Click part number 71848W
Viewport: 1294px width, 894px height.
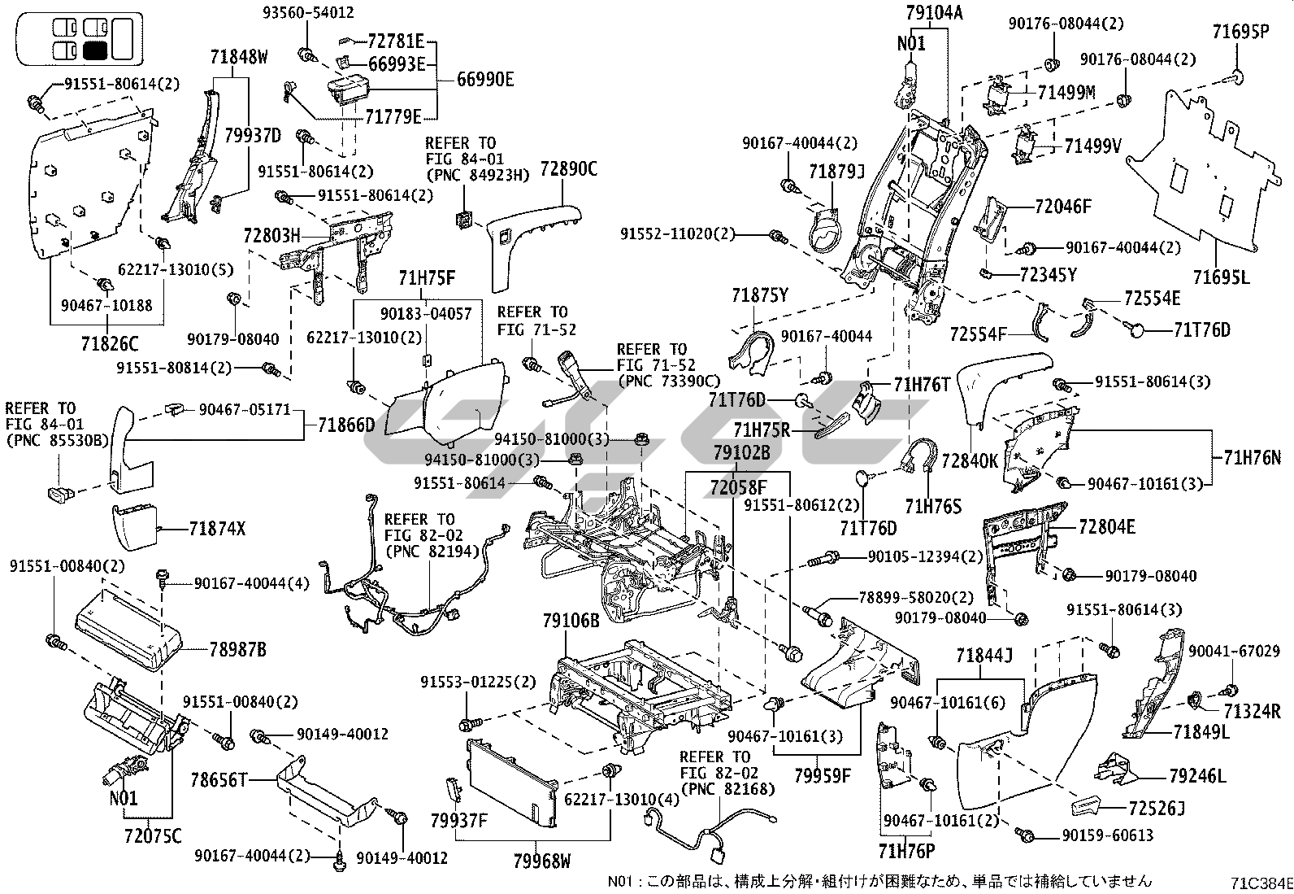pyautogui.click(x=239, y=57)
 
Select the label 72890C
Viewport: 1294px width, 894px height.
pyautogui.click(x=568, y=169)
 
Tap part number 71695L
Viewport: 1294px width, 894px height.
pyautogui.click(x=1221, y=277)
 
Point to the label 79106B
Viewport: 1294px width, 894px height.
pyautogui.click(x=571, y=621)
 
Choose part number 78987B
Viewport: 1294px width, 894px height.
pyautogui.click(x=237, y=650)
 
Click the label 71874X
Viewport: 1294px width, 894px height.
pyautogui.click(x=216, y=529)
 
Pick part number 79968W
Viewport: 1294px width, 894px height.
pyautogui.click(x=542, y=860)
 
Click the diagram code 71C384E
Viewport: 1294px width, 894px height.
pyautogui.click(x=1261, y=882)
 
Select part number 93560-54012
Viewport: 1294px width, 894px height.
pyautogui.click(x=308, y=12)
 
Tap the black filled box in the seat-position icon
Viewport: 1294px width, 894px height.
pyautogui.click(x=95, y=50)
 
